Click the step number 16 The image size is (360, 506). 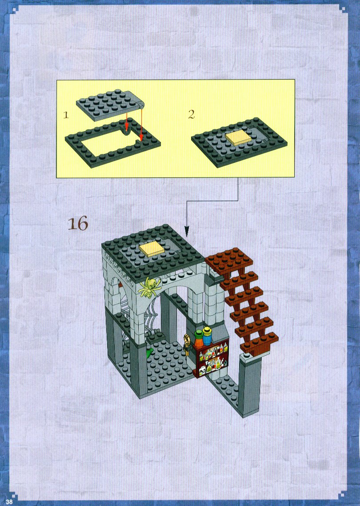tap(78, 224)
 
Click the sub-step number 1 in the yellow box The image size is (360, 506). tap(66, 115)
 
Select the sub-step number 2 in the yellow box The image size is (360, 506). tap(192, 114)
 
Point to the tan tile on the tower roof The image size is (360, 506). tap(153, 250)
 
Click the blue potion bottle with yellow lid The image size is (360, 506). tap(207, 336)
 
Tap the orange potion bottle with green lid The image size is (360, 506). tap(198, 339)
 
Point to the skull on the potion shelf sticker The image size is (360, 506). tap(202, 371)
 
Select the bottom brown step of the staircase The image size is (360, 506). tap(260, 344)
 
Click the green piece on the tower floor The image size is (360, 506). tap(149, 353)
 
